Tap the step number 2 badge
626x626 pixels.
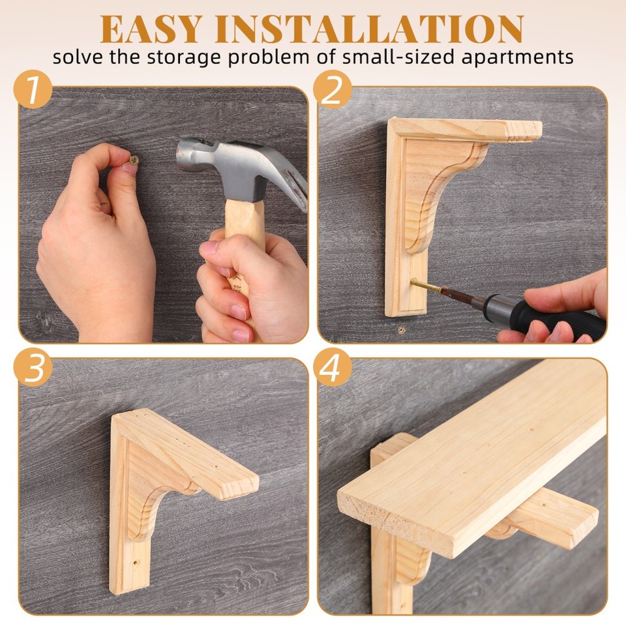[x=332, y=91]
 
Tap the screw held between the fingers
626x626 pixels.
[x=134, y=159]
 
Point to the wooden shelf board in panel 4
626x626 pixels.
[x=469, y=456]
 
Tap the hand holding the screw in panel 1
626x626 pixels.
[x=98, y=248]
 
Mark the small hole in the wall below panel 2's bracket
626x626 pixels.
[x=401, y=330]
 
